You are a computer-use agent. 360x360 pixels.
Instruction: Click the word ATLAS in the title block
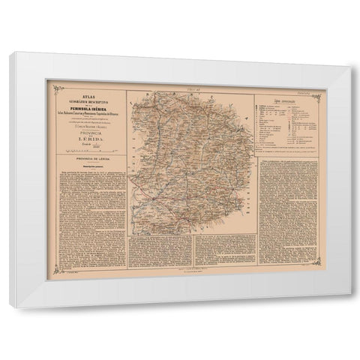pos(85,95)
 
